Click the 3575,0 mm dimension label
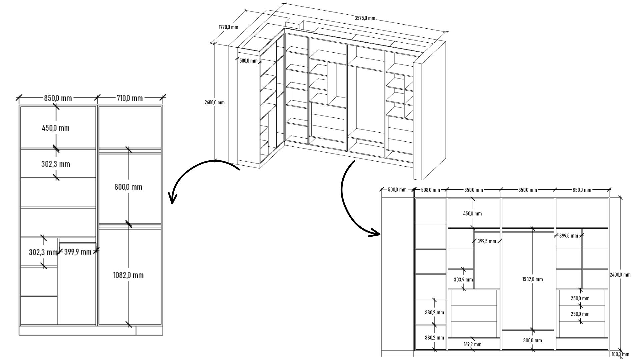[x=365, y=18]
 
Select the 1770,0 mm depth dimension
[x=228, y=27]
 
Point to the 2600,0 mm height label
[x=214, y=102]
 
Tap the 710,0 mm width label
[x=130, y=98]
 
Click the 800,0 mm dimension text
[x=128, y=187]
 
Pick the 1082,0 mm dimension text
[x=128, y=275]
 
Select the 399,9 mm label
[x=78, y=252]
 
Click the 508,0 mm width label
[x=430, y=190]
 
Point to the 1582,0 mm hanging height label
[x=532, y=279]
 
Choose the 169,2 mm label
[x=472, y=344]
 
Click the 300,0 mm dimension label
[x=532, y=340]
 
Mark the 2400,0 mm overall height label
[x=620, y=275]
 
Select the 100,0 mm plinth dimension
[x=620, y=354]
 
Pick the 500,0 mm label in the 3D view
[x=248, y=61]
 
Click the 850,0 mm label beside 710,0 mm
[x=58, y=98]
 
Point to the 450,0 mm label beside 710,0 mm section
[x=56, y=128]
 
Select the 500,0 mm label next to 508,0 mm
[x=397, y=190]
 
